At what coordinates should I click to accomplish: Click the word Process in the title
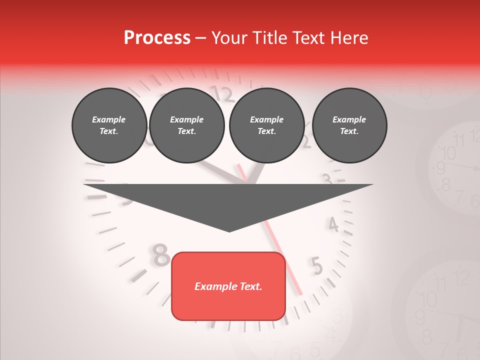point(157,38)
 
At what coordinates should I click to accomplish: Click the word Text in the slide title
point(312,38)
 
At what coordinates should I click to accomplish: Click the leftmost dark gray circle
point(109,125)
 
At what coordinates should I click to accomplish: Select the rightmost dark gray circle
point(349,125)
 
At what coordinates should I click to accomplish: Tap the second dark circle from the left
point(186,125)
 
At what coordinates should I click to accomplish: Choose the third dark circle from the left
point(266,125)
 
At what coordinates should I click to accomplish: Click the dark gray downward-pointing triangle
point(228,200)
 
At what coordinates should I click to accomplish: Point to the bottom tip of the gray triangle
point(229,230)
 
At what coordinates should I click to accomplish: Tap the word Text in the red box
point(250,286)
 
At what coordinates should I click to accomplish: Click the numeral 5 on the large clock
point(316,266)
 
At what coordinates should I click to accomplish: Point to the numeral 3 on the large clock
point(327,178)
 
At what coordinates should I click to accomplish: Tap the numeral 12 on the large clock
point(223,93)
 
